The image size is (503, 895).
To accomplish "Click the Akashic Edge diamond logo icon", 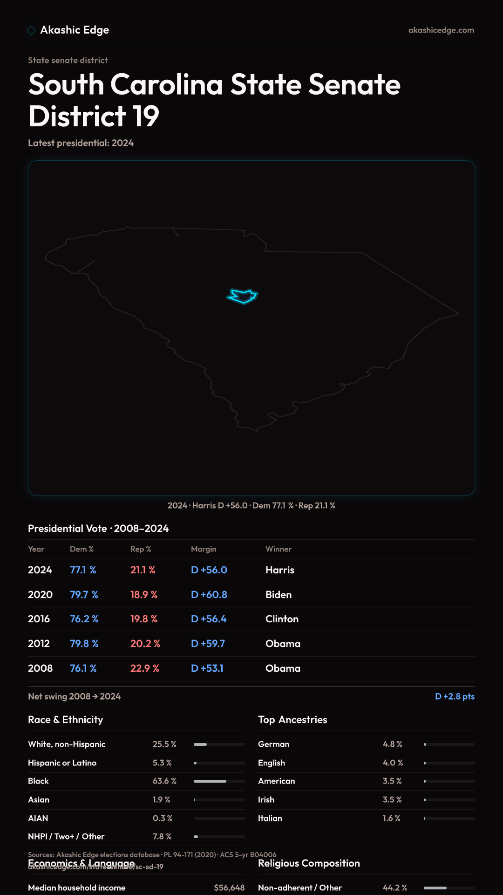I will [x=31, y=30].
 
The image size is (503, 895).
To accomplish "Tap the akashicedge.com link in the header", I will [x=441, y=30].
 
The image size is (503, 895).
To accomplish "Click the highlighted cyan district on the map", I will [x=242, y=296].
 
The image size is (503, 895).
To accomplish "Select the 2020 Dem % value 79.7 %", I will [x=84, y=595].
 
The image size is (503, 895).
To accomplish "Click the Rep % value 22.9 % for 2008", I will [x=145, y=668].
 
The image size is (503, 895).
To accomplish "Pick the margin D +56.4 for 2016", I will [x=209, y=619].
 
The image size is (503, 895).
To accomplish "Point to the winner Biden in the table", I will [x=279, y=595].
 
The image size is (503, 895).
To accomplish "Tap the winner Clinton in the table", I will [x=282, y=619].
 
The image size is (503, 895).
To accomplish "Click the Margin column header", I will [x=204, y=549].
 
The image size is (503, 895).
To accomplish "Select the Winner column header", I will [x=279, y=549].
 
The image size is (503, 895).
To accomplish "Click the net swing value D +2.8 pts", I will [x=455, y=696].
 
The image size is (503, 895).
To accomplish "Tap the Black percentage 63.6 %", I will [x=164, y=781].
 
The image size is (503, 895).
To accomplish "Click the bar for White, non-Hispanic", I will [x=219, y=744].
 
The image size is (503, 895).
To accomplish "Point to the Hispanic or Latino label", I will [x=62, y=763].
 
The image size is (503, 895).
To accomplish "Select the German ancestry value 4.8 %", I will [x=392, y=744].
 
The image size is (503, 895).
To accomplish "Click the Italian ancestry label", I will [x=270, y=819].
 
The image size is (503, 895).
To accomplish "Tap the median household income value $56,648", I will [x=229, y=888].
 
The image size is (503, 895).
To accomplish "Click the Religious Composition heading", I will [x=309, y=863].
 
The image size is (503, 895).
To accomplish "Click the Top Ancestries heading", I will [x=292, y=720].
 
